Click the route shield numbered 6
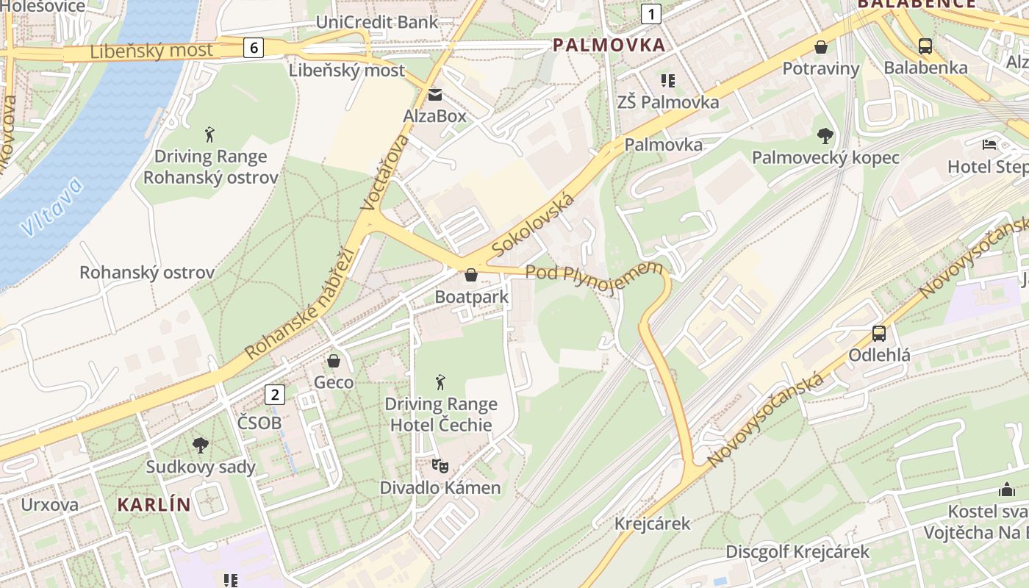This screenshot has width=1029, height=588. (254, 49)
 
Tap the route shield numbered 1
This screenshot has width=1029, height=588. (650, 13)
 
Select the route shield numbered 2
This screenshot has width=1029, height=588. (275, 395)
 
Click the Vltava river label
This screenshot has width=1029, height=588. (51, 207)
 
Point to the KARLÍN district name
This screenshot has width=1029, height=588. (154, 505)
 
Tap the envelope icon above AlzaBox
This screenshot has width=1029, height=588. (435, 95)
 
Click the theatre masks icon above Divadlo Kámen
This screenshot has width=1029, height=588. (440, 465)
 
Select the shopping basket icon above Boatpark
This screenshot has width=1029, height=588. (471, 275)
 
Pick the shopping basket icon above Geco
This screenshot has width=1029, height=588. (334, 361)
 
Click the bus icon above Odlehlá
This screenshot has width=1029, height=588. (879, 334)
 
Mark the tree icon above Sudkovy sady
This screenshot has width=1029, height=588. (200, 445)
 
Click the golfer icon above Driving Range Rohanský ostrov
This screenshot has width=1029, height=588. (210, 135)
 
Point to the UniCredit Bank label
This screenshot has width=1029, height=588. (376, 22)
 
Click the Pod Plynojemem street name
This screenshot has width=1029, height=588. (594, 276)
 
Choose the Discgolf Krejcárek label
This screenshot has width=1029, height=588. (797, 551)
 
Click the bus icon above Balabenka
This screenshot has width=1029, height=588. (925, 46)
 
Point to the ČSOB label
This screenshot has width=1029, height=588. (259, 423)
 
